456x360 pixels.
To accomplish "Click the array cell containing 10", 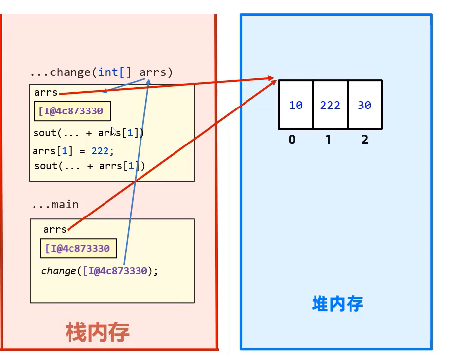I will pos(296,105).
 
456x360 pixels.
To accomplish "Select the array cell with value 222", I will pos(330,105).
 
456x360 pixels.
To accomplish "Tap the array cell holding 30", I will pos(365,105).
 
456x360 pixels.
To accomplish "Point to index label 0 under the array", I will pos(292,140).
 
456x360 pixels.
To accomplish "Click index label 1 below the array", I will pos(328,140).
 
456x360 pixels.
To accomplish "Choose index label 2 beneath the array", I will pos(365,140).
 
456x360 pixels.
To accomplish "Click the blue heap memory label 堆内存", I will pos(338,303).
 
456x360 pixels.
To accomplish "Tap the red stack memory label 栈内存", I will pos(98,333).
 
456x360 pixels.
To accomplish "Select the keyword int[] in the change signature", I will pos(115,72).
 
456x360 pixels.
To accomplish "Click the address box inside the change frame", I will pos(72,111).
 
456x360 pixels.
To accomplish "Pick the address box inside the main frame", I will pos(78,249).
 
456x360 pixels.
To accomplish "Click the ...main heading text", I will pos(55,205).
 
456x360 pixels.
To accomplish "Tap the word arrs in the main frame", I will pos(55,229).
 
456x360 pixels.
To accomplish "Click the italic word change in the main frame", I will pos(59,271).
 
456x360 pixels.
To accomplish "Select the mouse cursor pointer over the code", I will pos(114,131).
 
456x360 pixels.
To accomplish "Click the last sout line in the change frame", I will pos(90,166).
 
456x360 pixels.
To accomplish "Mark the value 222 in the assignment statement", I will pos(100,151).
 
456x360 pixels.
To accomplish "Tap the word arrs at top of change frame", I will pos(46,93).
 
